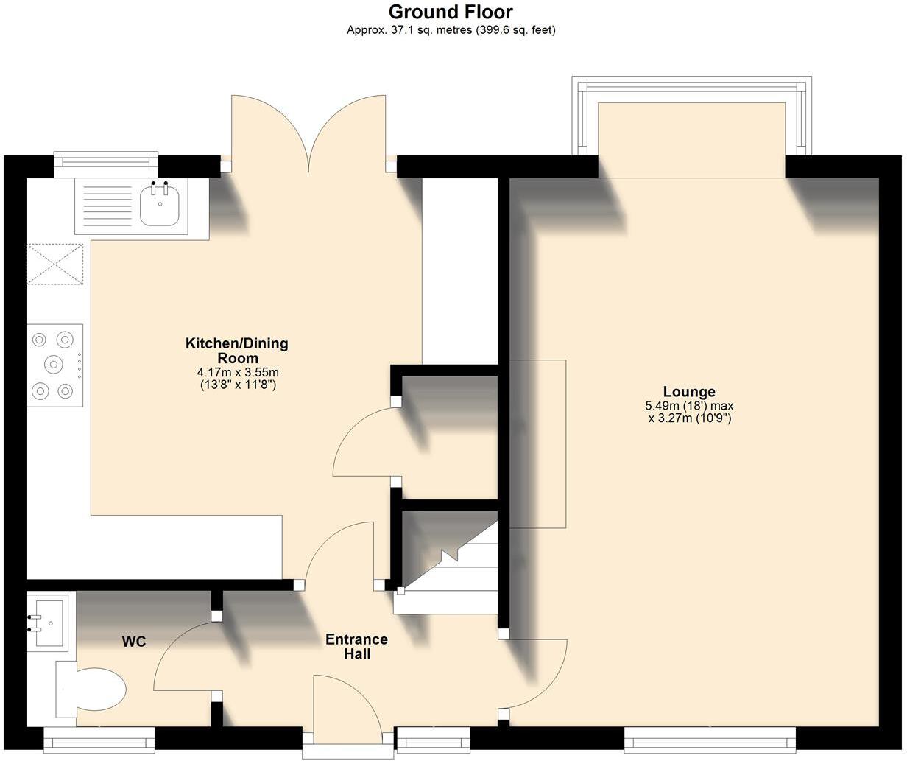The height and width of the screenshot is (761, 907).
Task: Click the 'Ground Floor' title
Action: point(451,12)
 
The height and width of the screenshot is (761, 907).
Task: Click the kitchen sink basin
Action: point(159,206)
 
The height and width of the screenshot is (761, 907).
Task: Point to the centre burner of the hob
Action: point(54,364)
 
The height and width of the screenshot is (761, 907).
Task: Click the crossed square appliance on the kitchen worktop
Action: point(55,264)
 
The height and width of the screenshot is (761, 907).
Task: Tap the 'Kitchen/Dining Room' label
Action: point(236,351)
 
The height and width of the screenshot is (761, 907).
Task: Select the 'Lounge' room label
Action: point(688,391)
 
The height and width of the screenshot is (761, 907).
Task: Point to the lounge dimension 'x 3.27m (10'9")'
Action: point(688,418)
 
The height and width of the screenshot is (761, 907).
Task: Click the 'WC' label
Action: point(133,642)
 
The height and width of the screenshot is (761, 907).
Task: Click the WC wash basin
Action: point(49,623)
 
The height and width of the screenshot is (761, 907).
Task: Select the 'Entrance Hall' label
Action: point(356,646)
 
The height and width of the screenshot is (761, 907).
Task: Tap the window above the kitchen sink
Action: point(106,164)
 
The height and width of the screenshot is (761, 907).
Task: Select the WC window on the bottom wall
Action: point(99,739)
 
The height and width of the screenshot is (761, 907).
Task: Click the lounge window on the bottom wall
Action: point(710,739)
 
